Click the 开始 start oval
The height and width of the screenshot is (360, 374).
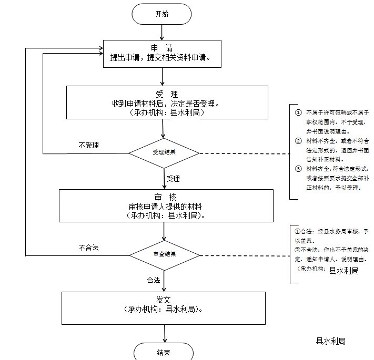click(x=162, y=14)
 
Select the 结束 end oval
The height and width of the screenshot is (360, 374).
click(x=163, y=352)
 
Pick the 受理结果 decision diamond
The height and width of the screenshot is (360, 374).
click(x=164, y=153)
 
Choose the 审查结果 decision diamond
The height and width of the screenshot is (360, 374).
click(x=164, y=254)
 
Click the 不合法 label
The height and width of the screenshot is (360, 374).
click(x=88, y=247)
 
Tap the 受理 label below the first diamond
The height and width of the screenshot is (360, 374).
click(x=173, y=179)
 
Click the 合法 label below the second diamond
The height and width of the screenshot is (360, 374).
click(x=154, y=280)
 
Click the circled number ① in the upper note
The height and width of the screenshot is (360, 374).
click(x=298, y=112)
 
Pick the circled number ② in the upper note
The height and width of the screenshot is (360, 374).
click(x=298, y=141)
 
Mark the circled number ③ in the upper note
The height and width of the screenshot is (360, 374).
click(x=298, y=169)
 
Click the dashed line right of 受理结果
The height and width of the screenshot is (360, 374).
click(x=245, y=154)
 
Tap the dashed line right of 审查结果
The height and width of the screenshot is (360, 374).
click(x=245, y=255)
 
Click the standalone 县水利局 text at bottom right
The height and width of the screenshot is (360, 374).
click(x=330, y=341)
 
